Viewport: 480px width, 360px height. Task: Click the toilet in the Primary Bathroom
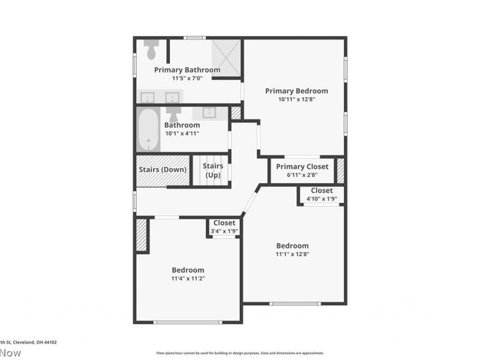[151, 47]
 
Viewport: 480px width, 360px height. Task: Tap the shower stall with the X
[226, 58]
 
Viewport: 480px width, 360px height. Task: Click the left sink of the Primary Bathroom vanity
[148, 97]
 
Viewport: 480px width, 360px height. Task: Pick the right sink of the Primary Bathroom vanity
[173, 97]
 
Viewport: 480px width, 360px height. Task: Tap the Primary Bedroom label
[296, 91]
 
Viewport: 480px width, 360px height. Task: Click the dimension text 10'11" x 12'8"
[296, 100]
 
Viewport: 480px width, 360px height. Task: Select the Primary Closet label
[302, 167]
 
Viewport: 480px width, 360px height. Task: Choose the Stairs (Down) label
[163, 170]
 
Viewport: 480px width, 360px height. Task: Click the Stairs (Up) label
[213, 170]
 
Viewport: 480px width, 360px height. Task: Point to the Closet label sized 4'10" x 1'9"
[322, 191]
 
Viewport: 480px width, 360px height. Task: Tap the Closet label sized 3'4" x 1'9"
[224, 223]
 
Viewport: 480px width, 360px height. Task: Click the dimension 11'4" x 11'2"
[188, 278]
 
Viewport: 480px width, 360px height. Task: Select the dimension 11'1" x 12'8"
[292, 254]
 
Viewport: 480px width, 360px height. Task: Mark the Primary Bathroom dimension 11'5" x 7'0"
[187, 78]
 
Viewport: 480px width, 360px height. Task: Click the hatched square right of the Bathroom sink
[236, 113]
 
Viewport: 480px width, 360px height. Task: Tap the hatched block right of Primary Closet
[340, 170]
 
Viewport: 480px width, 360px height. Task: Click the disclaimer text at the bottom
[240, 353]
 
